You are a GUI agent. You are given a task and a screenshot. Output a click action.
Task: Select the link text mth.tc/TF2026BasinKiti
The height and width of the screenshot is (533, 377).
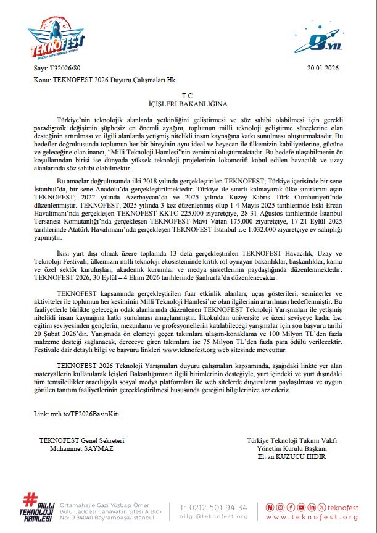click(80, 412)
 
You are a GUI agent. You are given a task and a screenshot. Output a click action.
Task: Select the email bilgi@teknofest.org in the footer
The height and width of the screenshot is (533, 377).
click(213, 516)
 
